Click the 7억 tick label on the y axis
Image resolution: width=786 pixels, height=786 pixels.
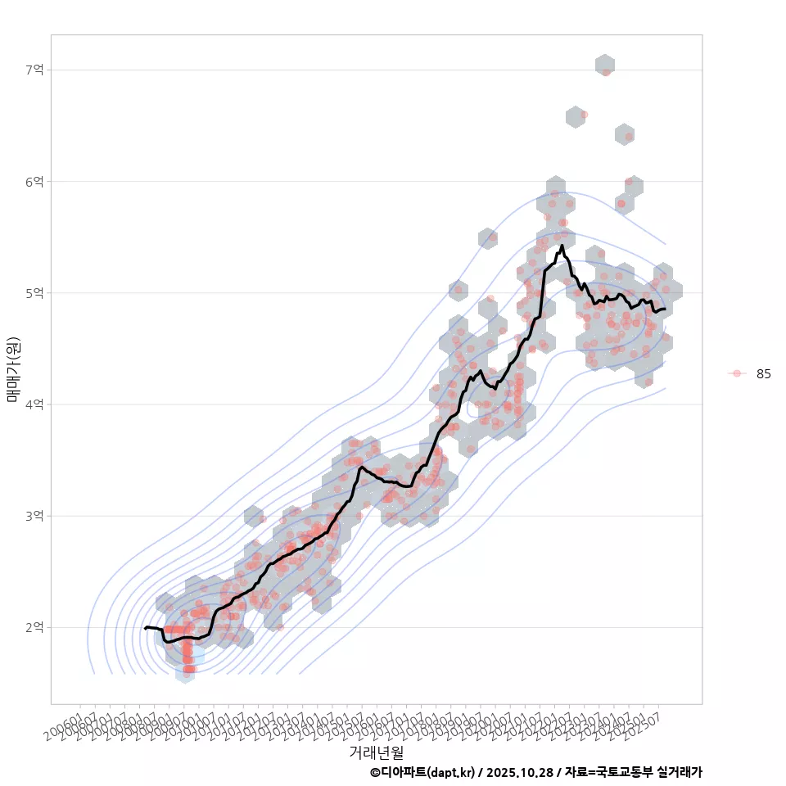35,70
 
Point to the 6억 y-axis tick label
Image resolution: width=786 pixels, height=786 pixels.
35,181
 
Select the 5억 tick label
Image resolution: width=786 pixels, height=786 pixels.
35,292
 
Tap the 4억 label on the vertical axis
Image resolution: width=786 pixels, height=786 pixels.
35,404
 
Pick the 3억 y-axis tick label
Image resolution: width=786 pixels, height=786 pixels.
35,516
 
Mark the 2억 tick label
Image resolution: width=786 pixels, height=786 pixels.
35,627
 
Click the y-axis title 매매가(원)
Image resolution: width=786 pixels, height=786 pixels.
13,368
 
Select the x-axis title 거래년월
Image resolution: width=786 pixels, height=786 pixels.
376,752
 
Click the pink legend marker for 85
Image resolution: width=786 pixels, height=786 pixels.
737,373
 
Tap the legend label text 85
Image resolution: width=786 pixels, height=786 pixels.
763,373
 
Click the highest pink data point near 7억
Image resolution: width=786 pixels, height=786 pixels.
606,72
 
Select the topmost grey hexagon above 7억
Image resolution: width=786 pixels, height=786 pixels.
604,64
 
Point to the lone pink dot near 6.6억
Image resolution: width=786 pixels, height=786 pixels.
584,115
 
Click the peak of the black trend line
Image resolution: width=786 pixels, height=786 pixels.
562,245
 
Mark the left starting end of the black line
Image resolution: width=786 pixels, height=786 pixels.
145,628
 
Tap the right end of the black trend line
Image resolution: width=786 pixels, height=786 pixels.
664,309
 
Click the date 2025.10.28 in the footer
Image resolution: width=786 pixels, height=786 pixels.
521,772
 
